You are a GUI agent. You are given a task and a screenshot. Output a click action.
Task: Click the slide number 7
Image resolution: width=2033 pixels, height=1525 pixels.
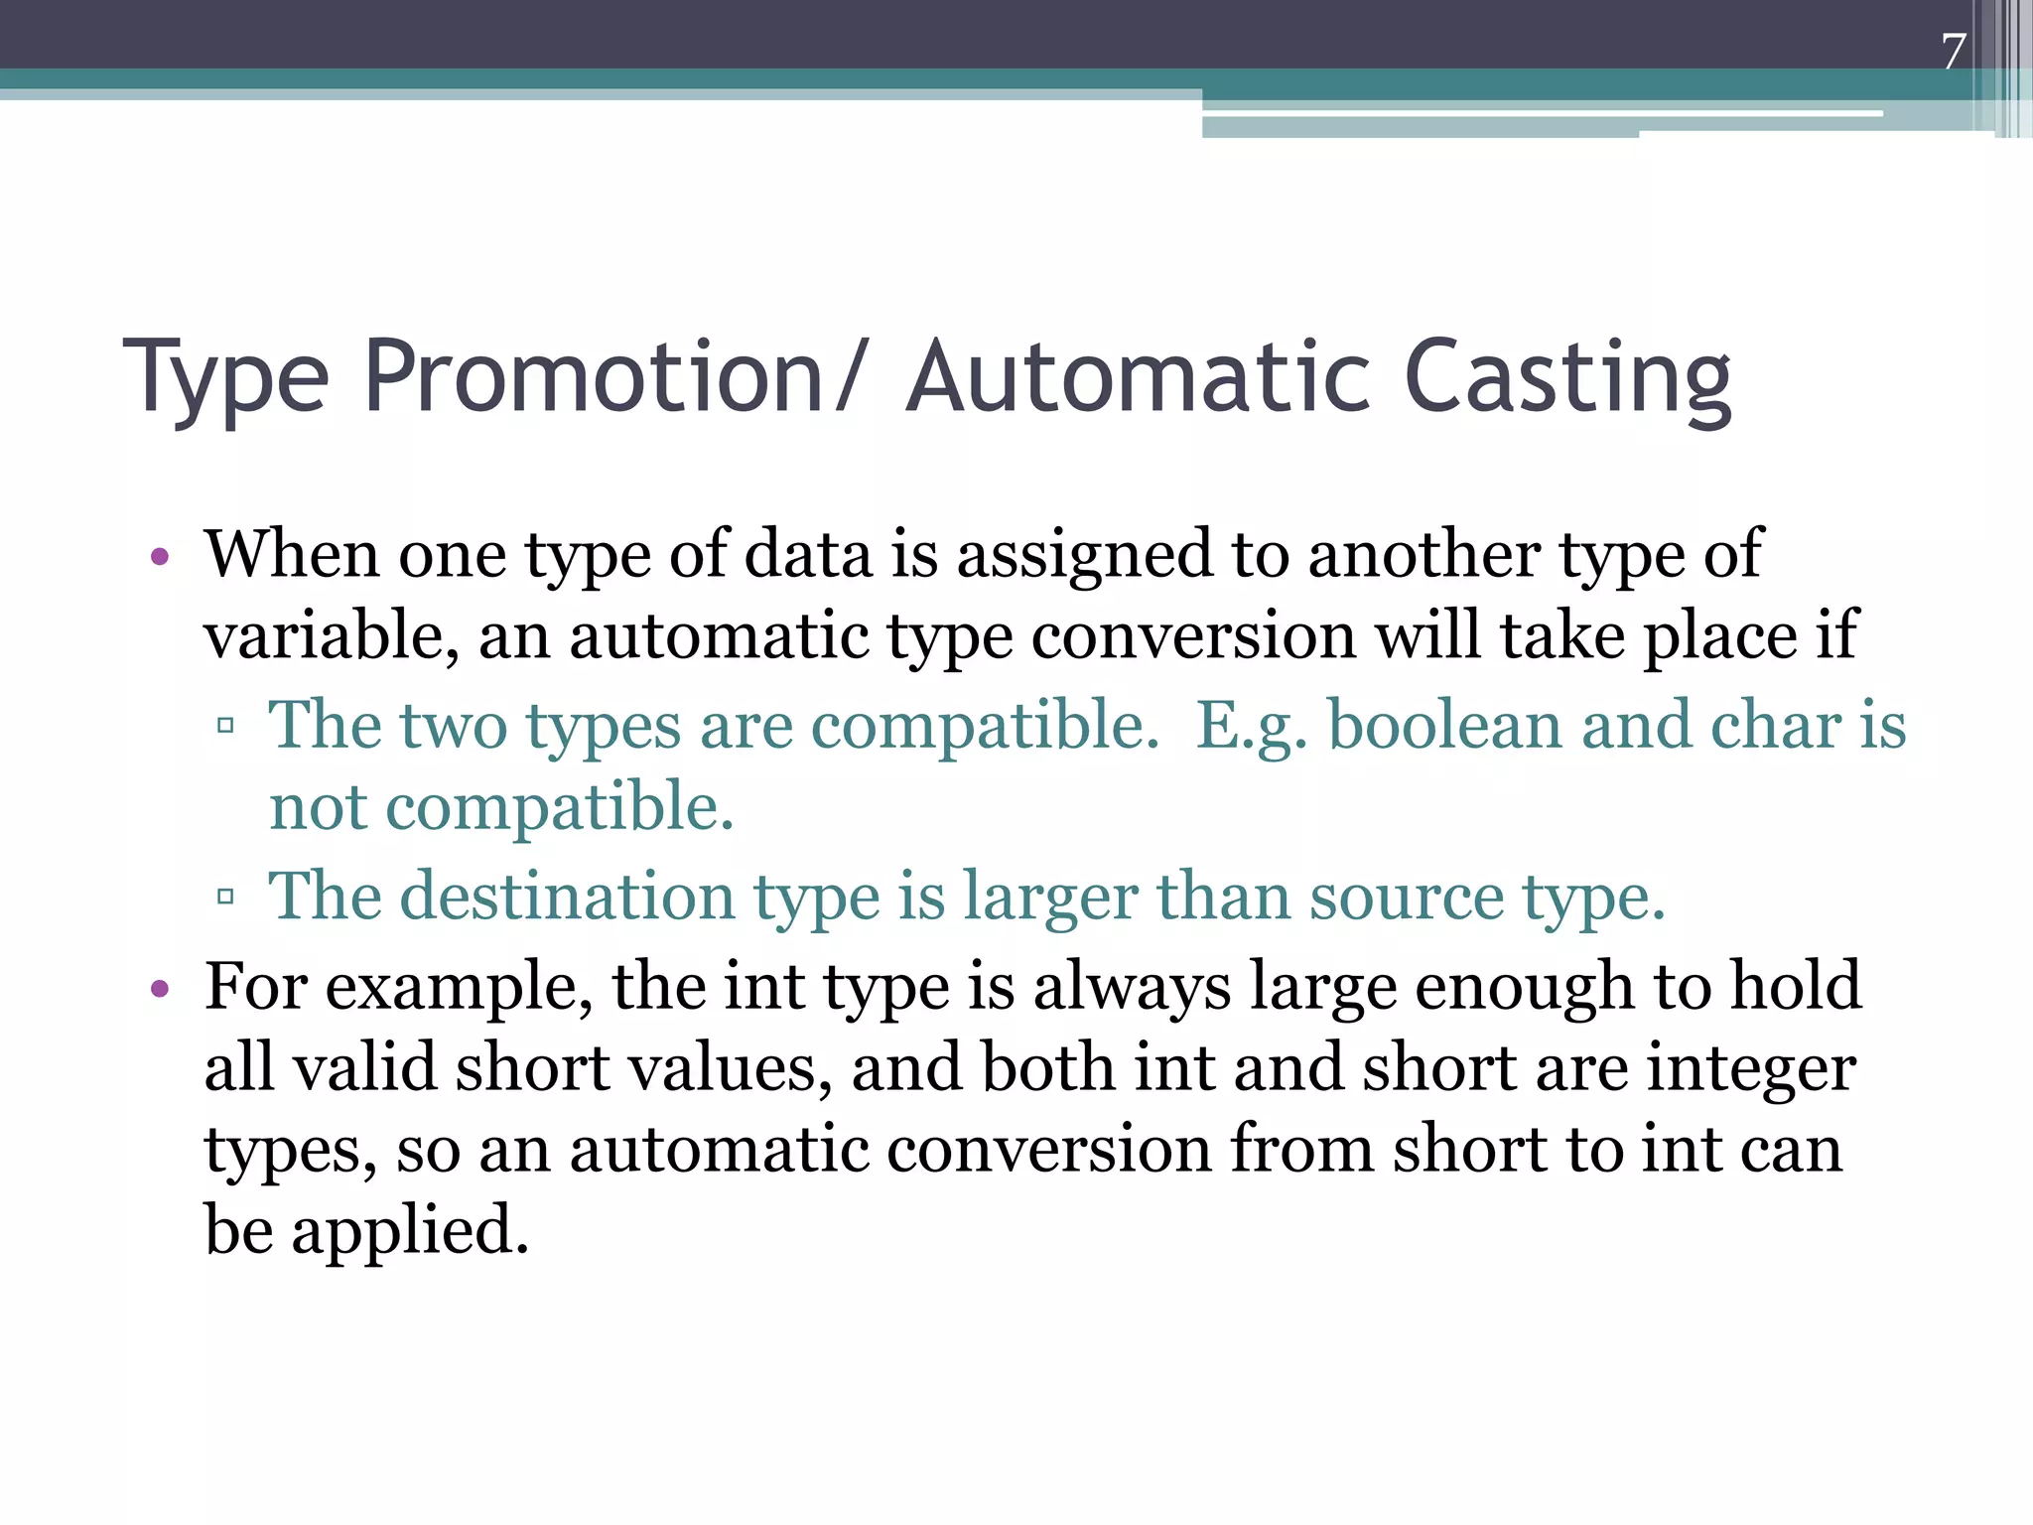[1954, 51]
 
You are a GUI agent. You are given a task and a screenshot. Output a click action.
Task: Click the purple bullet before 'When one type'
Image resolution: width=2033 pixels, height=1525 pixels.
[160, 556]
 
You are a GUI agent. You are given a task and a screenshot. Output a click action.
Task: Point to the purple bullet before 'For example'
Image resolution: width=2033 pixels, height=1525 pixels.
[160, 989]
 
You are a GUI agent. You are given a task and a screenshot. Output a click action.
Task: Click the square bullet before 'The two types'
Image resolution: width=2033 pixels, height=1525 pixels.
[225, 726]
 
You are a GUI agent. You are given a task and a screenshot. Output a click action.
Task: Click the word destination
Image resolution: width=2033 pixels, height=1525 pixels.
[567, 897]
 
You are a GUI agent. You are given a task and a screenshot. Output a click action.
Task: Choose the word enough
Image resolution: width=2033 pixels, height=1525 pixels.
[1525, 989]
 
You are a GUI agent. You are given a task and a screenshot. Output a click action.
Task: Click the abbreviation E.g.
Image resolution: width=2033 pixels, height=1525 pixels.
[1251, 727]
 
